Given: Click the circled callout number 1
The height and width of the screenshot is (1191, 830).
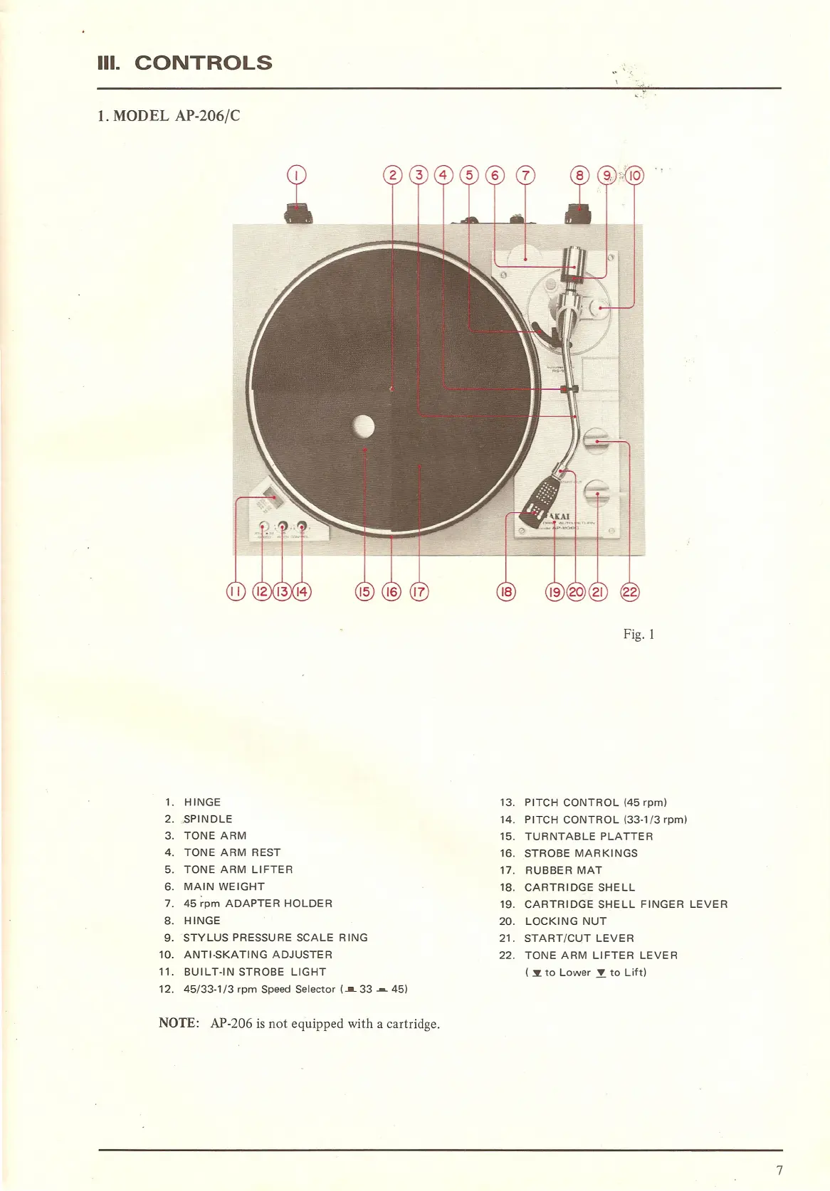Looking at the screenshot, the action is pos(296,175).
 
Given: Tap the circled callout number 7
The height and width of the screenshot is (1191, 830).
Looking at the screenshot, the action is pos(525,175).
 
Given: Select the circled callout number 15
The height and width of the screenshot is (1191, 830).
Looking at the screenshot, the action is pos(364,591).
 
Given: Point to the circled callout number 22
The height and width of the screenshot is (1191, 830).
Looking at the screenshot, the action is pos(630,591).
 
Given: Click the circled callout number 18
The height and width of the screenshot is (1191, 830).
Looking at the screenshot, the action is pos(506,591).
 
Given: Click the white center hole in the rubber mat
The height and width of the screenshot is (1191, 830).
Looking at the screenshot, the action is pos(364,426).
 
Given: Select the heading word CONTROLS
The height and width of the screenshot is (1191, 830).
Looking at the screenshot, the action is pos(203,63).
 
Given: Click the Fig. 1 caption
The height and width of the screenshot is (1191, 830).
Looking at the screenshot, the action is pos(639,634).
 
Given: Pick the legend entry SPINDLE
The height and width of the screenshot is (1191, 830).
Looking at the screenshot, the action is pos(208,819).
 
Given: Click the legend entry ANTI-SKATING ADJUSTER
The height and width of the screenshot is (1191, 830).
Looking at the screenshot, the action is pos(258,955).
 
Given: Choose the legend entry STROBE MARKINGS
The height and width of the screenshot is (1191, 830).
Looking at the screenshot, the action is pos(581,853).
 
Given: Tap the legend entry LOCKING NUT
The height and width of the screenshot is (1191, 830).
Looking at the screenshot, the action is pos(565,921).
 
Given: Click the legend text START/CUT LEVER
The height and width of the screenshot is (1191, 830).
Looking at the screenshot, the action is pos(579,938).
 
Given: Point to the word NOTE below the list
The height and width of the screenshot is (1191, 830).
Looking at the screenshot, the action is pos(178,1023).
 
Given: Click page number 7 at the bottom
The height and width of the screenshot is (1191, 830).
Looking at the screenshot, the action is pos(779,1170).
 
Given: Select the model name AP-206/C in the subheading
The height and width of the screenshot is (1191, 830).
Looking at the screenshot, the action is pos(207,116).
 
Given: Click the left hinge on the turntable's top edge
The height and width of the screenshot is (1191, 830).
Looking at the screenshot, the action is pos(298,213).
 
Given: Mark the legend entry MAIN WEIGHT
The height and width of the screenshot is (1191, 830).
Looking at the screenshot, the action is pos(224,886).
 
